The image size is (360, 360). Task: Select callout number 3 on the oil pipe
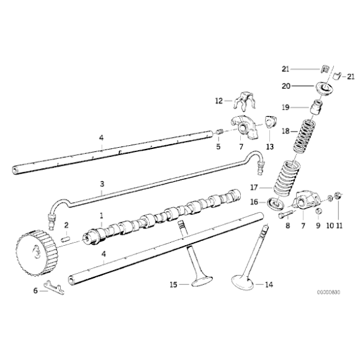[102, 184]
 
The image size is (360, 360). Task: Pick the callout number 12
[218, 100]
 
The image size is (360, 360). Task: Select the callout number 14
[268, 285]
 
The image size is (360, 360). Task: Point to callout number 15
[174, 285]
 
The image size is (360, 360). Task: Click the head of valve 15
[200, 281]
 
